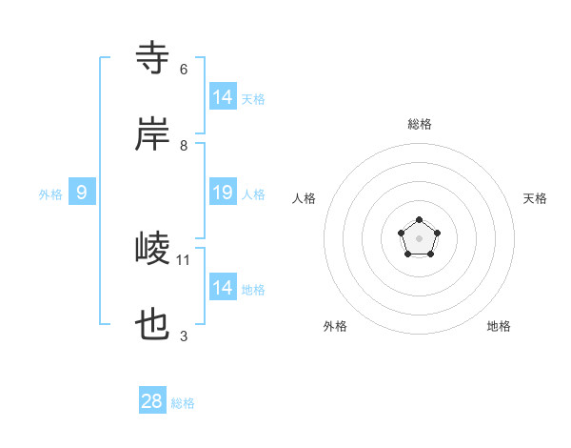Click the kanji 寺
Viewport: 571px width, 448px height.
click(x=153, y=57)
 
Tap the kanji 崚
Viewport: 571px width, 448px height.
click(x=153, y=250)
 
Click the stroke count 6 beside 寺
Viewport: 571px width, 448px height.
click(x=184, y=70)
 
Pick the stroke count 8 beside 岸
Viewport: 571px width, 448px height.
click(x=184, y=146)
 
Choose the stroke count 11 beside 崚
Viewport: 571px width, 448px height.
click(x=185, y=259)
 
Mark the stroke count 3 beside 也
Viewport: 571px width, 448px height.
click(x=184, y=336)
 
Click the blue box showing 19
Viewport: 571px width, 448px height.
click(x=223, y=193)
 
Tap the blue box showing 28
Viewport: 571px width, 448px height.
click(x=152, y=401)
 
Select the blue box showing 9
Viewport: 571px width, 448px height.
click(x=82, y=193)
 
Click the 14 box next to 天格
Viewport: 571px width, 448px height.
click(x=223, y=97)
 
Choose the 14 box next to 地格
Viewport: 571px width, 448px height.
click(x=223, y=288)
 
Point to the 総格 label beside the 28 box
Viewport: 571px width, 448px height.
click(x=184, y=403)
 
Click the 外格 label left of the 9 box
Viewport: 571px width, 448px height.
click(x=50, y=194)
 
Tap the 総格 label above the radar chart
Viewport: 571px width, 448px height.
click(x=420, y=124)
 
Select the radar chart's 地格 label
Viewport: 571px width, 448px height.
click(x=499, y=326)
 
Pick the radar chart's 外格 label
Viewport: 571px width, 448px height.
click(x=335, y=326)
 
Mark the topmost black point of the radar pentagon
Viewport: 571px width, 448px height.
click(x=419, y=220)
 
